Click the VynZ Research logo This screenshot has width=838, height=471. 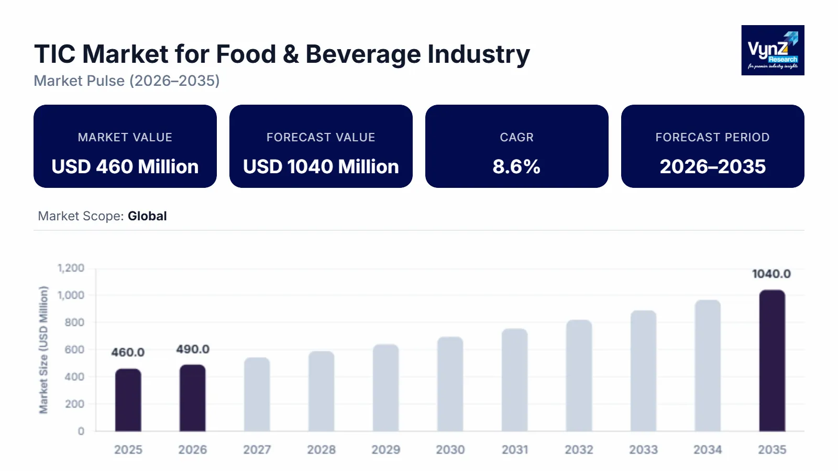coord(773,50)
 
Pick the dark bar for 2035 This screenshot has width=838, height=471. coord(772,361)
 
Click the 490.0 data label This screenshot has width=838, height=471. coord(193,349)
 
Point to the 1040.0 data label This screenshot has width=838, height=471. coord(771,274)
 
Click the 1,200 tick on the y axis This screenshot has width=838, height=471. coord(71,268)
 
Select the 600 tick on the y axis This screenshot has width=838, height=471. coord(74,350)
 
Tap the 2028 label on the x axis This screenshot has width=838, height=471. coord(321,450)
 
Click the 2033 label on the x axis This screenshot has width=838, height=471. coord(643,450)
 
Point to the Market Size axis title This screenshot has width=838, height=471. coord(43,350)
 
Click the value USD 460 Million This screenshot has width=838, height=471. coord(125,166)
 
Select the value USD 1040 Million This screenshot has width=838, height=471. coord(321,166)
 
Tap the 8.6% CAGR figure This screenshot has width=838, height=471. coord(516,166)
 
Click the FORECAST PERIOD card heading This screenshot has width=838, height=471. coord(712,137)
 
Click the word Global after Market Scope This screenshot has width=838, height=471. coord(147,216)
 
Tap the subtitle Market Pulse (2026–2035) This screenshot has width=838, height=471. coord(127,81)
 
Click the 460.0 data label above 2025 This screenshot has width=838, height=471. coord(128,352)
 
